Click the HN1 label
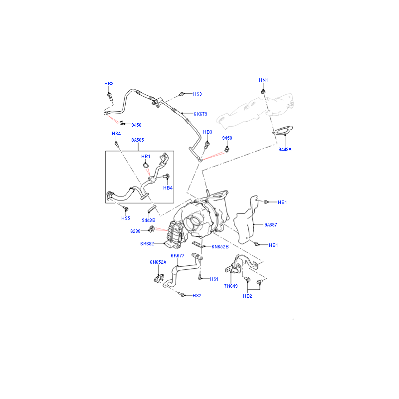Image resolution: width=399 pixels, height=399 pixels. [x=263, y=80]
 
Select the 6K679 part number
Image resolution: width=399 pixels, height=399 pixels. [x=200, y=114]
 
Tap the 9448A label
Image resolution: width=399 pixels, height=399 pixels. [x=285, y=149]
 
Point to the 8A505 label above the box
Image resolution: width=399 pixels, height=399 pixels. [x=138, y=140]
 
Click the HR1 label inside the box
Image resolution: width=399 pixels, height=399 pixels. [x=146, y=157]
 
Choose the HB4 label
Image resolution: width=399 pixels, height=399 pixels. [x=168, y=188]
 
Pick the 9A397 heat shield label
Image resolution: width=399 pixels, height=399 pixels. [x=271, y=225]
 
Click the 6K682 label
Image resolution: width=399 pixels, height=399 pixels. [x=147, y=244]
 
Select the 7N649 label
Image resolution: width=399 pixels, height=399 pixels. [x=231, y=286]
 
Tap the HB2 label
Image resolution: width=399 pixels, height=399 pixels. [x=247, y=296]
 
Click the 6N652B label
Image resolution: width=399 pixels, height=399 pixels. [x=220, y=246]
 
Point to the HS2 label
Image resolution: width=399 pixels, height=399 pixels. [x=197, y=295]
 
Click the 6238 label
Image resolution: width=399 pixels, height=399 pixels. [x=135, y=231]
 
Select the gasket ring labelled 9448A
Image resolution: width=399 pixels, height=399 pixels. [x=282, y=131]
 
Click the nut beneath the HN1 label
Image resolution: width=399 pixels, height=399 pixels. [x=263, y=91]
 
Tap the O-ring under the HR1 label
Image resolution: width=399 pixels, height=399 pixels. [x=146, y=166]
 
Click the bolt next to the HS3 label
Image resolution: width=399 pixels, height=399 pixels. [x=182, y=94]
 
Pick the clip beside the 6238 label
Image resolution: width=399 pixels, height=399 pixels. [x=152, y=229]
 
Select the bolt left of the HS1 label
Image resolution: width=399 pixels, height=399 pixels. [x=200, y=277]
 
